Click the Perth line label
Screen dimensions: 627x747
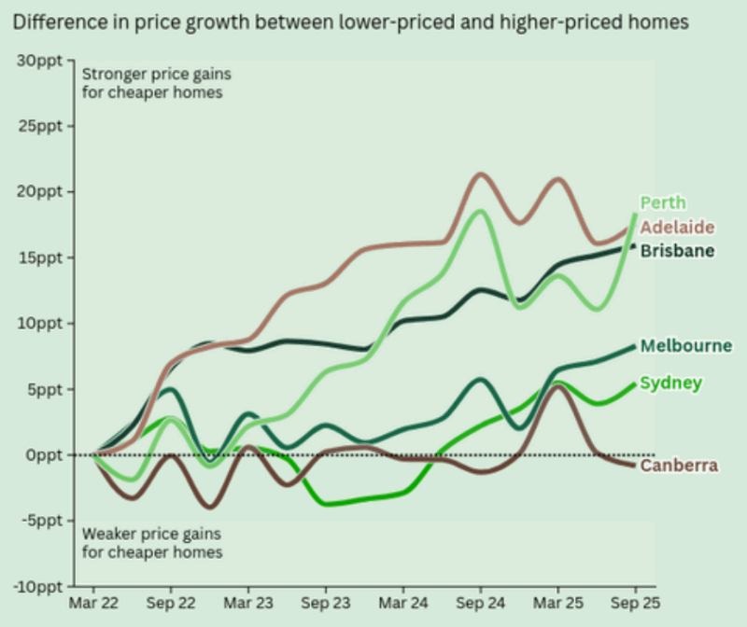(663, 202)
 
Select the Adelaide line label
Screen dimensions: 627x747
(677, 227)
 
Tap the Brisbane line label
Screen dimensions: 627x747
(677, 251)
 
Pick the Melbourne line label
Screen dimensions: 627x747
(685, 346)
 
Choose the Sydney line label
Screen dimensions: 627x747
(670, 383)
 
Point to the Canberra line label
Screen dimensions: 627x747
(679, 466)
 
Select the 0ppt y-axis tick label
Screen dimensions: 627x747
(45, 455)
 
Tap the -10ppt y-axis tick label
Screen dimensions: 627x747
(39, 587)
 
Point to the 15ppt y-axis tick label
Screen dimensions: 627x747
(41, 258)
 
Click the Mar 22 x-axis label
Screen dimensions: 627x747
(92, 605)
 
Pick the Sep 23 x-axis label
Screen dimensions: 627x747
(325, 605)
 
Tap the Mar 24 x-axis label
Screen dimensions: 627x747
(402, 605)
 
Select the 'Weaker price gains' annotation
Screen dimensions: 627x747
(152, 535)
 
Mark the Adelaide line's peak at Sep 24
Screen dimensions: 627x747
(480, 174)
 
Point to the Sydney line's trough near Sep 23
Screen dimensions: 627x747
(329, 504)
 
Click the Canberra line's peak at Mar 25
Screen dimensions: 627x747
(557, 385)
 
